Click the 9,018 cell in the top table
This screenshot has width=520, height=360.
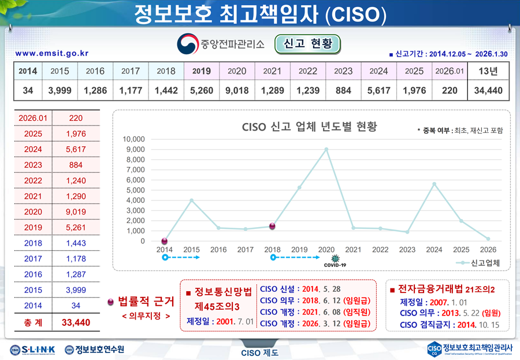[x=237, y=91]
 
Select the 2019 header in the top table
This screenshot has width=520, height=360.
[x=201, y=71]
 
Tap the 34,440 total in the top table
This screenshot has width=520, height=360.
[x=488, y=91]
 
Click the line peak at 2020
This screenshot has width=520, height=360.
[x=326, y=149]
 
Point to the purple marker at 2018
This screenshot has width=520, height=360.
[x=272, y=226]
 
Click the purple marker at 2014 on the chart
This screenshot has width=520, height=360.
[x=165, y=240]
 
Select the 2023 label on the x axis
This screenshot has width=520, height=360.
[x=407, y=250]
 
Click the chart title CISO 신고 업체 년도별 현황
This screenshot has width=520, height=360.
[x=309, y=126]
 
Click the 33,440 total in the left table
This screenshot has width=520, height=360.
[x=76, y=321]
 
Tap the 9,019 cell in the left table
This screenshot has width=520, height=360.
[x=76, y=211]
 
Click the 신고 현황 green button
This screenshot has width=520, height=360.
[x=307, y=44]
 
